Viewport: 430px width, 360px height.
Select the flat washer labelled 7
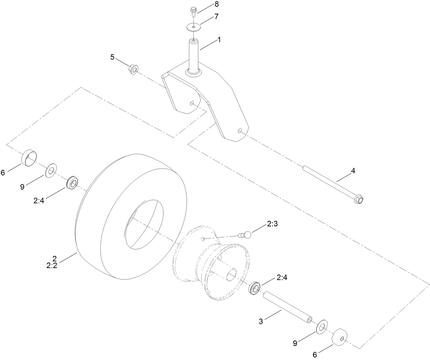(193, 26)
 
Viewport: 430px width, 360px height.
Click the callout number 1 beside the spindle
(218, 40)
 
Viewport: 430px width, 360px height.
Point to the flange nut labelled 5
(133, 69)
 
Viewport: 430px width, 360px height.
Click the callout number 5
(112, 57)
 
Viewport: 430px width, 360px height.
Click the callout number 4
(353, 171)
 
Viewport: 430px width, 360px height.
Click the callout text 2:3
(272, 224)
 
